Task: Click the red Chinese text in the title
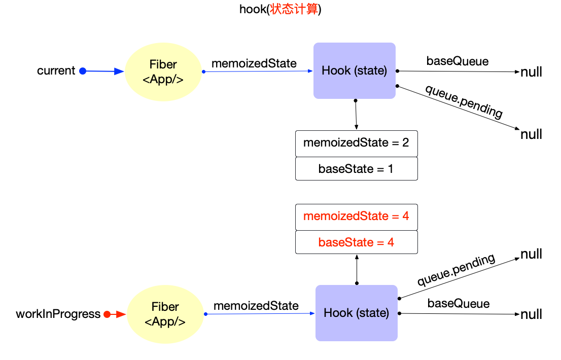coord(294,10)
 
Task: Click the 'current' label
coord(56,71)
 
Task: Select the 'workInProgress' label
coord(58,314)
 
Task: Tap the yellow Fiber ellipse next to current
coord(163,71)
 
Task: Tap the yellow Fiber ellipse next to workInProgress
coord(165,314)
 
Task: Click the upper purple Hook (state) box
coord(354,70)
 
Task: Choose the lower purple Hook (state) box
coord(356,313)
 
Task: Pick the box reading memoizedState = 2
coord(356,143)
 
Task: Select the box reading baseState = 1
coord(356,169)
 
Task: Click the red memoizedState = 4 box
coord(356,217)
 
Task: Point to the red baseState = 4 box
coord(356,242)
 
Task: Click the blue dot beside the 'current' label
coord(83,71)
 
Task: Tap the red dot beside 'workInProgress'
coord(107,314)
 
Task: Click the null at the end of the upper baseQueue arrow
coord(531,73)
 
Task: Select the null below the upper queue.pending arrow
coord(531,135)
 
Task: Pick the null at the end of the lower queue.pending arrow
coord(531,255)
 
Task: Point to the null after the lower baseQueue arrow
coord(531,315)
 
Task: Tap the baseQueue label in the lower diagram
coord(459,304)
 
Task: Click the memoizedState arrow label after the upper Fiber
coord(254,64)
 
